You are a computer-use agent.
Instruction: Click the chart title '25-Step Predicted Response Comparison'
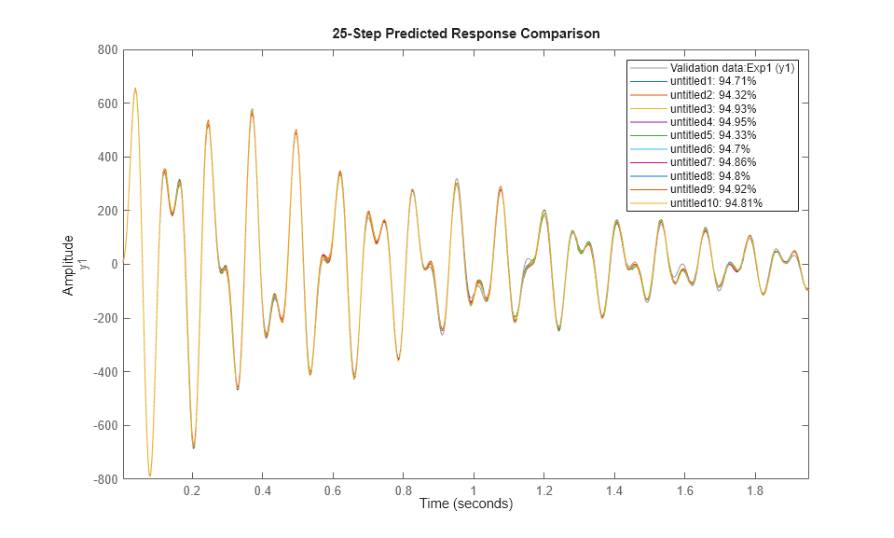(x=465, y=33)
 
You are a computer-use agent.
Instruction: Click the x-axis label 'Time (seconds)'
(x=465, y=504)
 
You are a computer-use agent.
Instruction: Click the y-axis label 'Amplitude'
(x=68, y=265)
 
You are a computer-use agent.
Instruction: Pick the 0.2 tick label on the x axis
(x=192, y=490)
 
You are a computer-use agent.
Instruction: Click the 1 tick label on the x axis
(x=474, y=490)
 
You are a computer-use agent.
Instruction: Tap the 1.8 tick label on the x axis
(x=754, y=490)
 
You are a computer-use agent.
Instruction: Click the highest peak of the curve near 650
(x=135, y=89)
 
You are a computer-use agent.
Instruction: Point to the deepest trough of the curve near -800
(x=149, y=476)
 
